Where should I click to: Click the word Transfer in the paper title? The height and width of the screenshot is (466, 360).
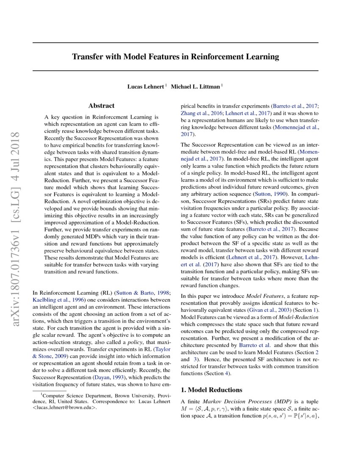[87, 56]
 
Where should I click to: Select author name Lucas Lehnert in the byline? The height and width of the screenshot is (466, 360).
[146, 87]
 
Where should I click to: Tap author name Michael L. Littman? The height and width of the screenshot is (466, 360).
[195, 87]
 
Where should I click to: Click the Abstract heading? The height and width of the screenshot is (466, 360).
[101, 105]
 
